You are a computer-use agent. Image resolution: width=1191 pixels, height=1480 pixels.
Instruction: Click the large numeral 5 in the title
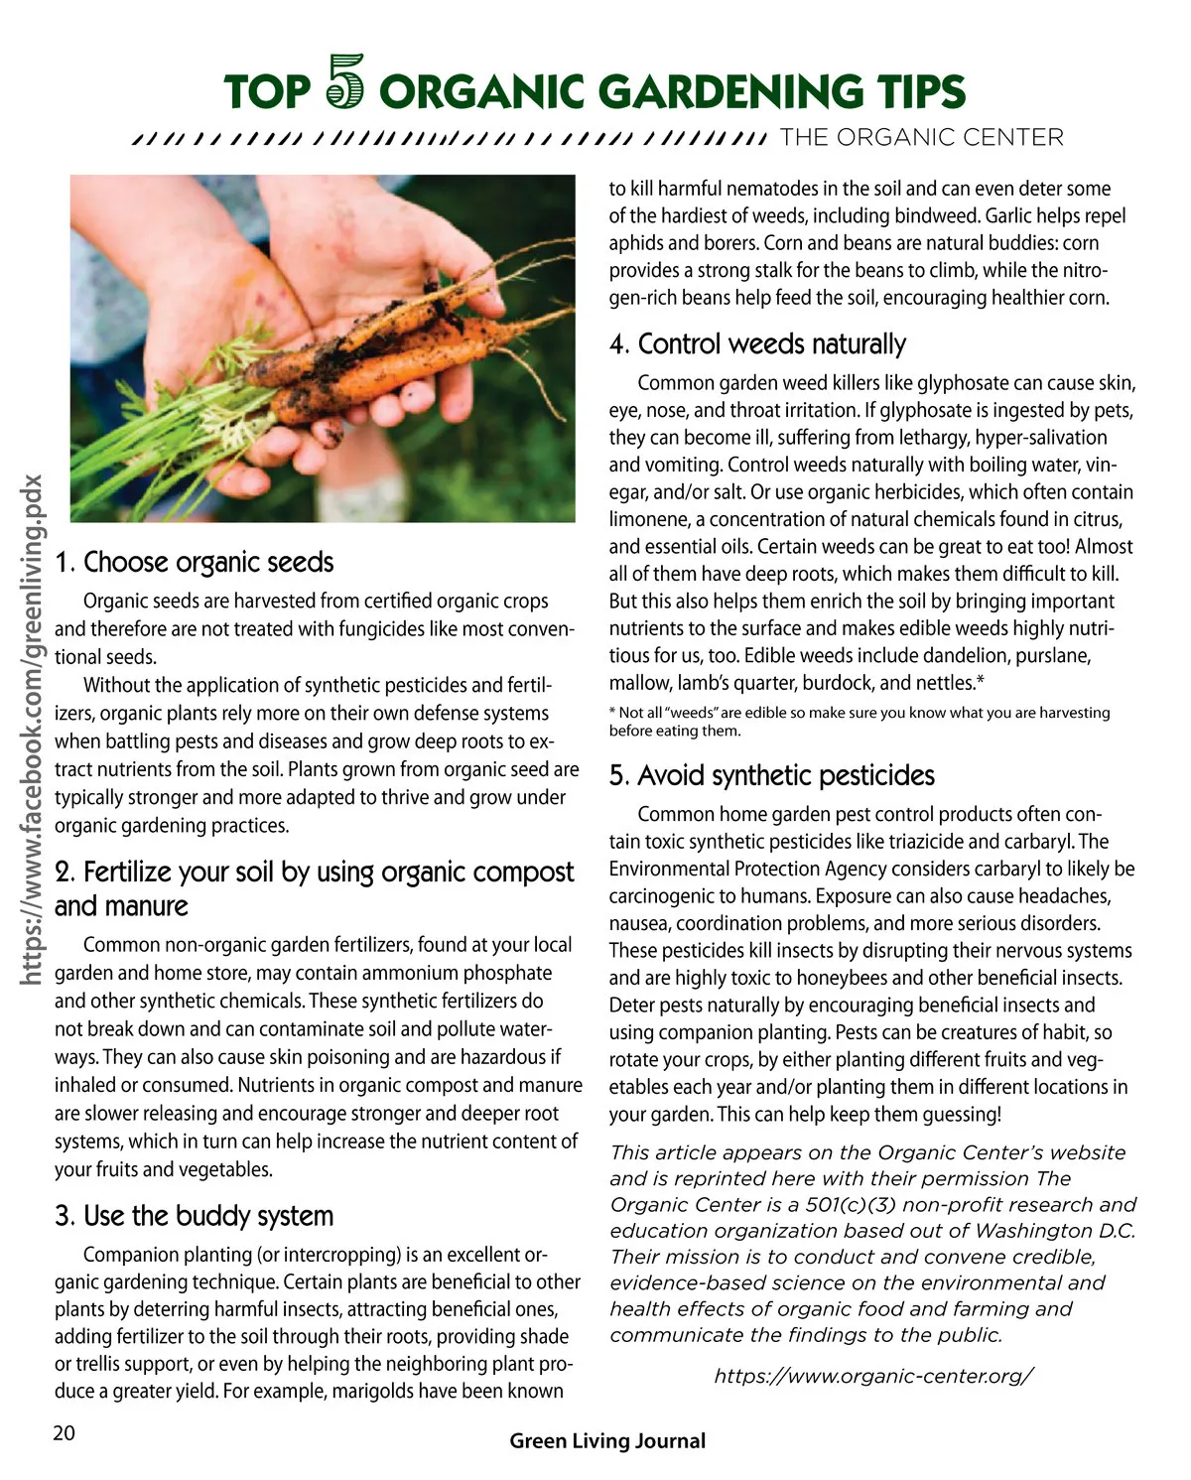pyautogui.click(x=345, y=82)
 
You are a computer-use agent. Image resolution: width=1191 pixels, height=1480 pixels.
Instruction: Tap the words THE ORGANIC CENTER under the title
pyautogui.click(x=921, y=138)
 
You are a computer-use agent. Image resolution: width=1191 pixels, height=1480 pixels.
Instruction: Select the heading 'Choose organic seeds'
pyautogui.click(x=195, y=563)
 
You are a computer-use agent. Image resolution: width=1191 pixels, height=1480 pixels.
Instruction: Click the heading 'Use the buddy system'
pyautogui.click(x=195, y=1216)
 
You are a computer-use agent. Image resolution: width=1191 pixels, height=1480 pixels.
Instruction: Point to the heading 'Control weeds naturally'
pyautogui.click(x=758, y=344)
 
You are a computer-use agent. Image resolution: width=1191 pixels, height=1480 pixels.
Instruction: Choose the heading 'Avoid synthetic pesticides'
pyautogui.click(x=772, y=775)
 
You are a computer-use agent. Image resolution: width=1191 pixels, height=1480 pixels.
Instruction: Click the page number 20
pyautogui.click(x=64, y=1433)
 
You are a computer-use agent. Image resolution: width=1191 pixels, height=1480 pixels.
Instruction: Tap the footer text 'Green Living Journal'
pyautogui.click(x=607, y=1441)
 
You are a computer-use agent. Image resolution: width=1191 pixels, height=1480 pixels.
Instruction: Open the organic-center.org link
pyautogui.click(x=874, y=1376)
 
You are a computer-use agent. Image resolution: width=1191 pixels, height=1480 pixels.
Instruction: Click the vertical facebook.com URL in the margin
pyautogui.click(x=33, y=730)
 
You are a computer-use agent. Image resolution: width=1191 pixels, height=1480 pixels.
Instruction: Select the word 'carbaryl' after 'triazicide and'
pyautogui.click(x=1042, y=842)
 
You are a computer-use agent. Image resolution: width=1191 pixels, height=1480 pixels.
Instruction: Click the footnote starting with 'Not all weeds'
pyautogui.click(x=860, y=722)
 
